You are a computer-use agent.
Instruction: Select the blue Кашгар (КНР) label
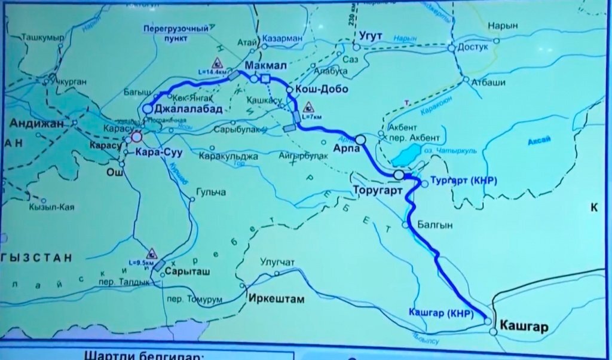(441, 313)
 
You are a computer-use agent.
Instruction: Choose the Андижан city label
(36, 123)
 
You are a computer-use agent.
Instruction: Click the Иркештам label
(276, 299)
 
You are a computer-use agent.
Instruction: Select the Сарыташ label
(189, 270)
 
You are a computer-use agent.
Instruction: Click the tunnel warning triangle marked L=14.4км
(218, 62)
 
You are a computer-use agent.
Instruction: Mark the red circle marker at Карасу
(136, 137)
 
